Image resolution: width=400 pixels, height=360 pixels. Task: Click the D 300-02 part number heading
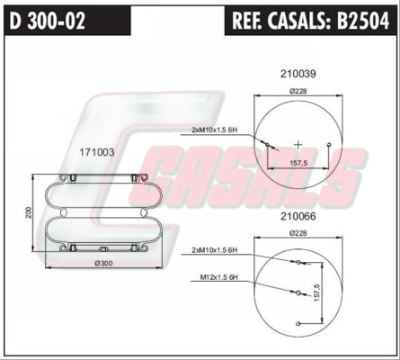pos(48,21)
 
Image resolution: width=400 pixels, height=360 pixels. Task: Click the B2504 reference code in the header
pos(363,21)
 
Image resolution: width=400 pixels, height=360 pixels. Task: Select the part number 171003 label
pos(97,152)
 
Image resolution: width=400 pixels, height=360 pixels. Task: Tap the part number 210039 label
pos(298,74)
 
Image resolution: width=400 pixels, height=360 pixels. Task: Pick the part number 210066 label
pos(298,216)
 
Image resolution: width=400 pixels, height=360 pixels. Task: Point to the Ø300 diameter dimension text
pos(103,264)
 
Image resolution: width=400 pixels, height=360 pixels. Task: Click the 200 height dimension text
pos(29,212)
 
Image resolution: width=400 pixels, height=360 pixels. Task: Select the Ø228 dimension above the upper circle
pos(298,91)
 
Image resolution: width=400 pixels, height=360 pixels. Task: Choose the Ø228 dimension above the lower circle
pos(298,233)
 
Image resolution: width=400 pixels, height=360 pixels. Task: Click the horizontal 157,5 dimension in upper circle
pos(298,163)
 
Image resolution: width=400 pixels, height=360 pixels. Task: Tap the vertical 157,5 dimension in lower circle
pos(317,292)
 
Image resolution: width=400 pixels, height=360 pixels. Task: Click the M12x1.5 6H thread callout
pos(219,277)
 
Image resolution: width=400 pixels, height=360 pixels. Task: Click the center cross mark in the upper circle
pos(298,145)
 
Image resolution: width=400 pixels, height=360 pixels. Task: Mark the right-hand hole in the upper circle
pos(329,144)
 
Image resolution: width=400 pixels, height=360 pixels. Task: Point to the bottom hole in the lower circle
pos(298,323)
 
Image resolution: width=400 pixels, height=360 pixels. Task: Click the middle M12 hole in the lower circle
pos(298,292)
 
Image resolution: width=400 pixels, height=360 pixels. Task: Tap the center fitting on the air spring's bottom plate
pos(103,249)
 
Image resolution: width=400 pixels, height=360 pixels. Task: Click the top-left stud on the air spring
pos(72,178)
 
